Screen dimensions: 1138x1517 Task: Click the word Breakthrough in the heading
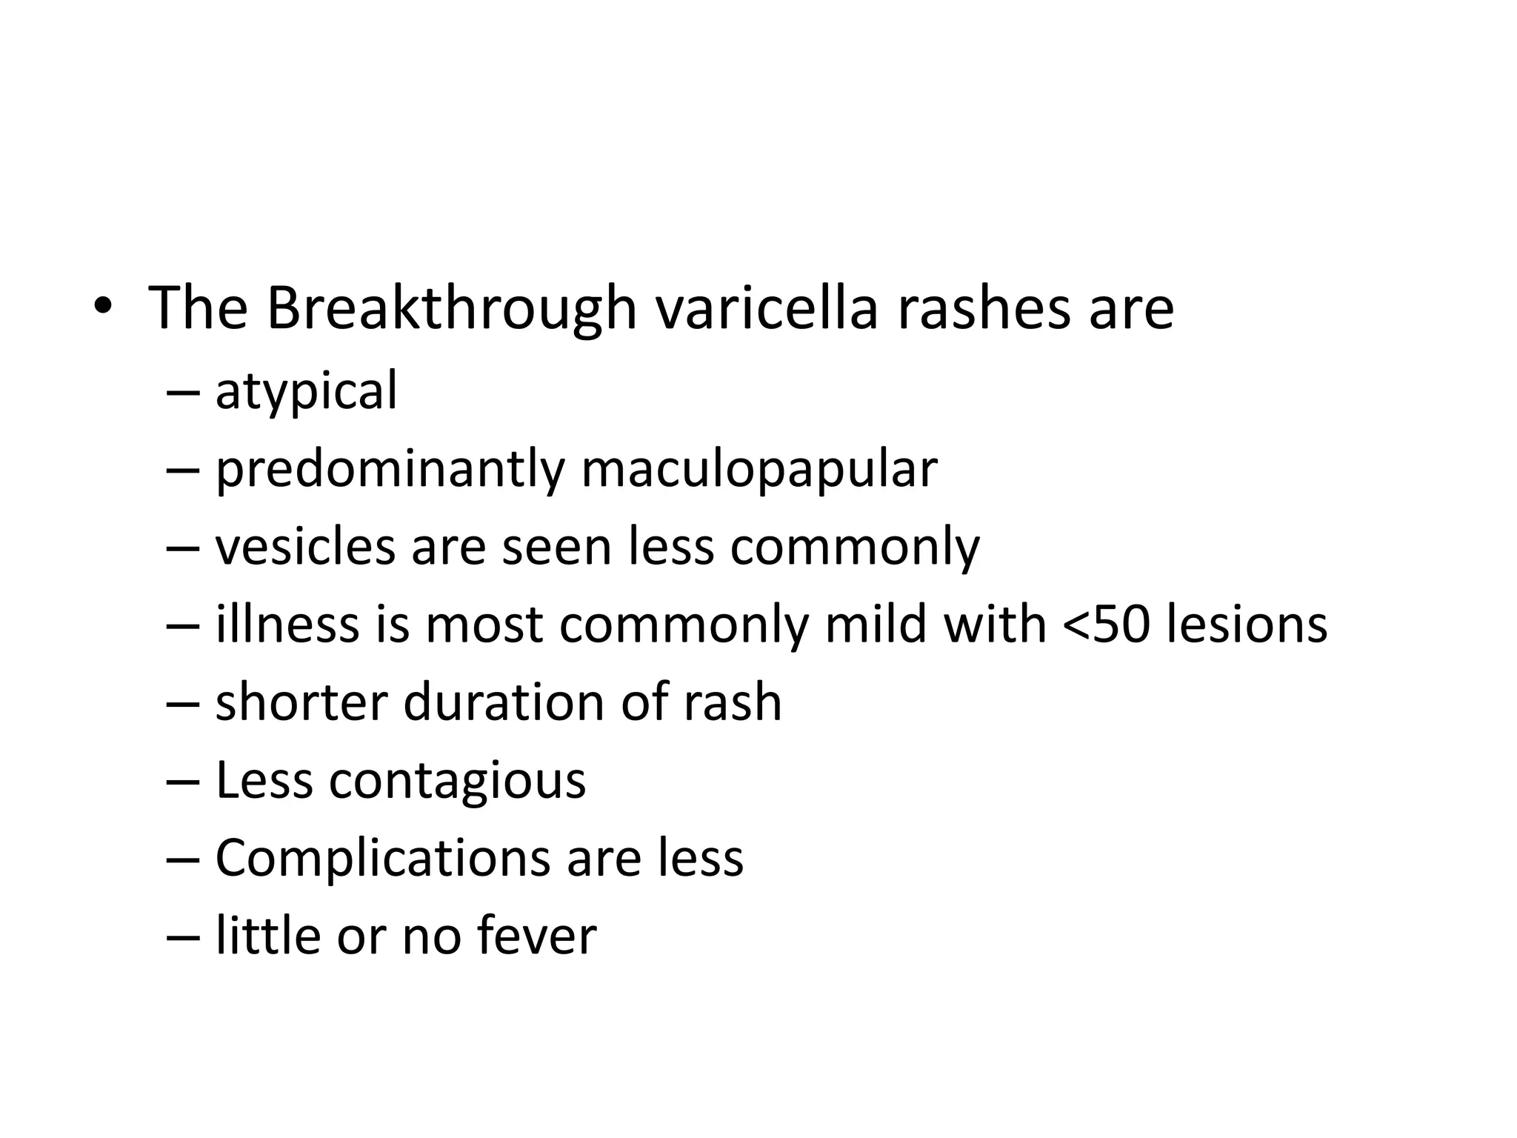pyautogui.click(x=451, y=307)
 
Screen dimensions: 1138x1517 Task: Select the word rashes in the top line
pyautogui.click(x=984, y=307)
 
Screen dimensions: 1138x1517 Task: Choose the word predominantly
pyautogui.click(x=390, y=470)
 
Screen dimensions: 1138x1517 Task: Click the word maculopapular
pyautogui.click(x=759, y=470)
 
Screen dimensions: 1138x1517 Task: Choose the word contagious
pyautogui.click(x=457, y=781)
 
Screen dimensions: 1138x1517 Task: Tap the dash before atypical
pyautogui.click(x=183, y=393)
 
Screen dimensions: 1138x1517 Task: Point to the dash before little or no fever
pyautogui.click(x=183, y=937)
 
